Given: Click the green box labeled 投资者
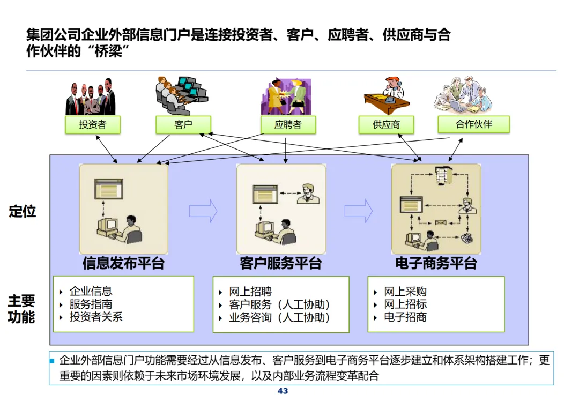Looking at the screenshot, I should point(93,125).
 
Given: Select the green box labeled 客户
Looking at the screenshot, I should point(183,125).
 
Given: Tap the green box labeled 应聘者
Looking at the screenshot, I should point(288,125).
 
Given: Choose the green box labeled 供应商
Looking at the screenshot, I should point(387,125).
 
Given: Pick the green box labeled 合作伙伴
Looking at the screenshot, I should point(473,124).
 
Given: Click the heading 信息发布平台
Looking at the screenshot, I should point(123,263).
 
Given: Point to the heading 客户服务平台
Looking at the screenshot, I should point(281,263).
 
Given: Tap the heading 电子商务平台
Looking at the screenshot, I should point(436,263).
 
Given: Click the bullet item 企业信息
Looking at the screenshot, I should point(91,292).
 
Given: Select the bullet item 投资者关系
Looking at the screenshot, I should point(96,317).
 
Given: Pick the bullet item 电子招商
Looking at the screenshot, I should point(405,317).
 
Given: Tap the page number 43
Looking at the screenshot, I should point(283,391).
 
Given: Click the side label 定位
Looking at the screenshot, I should point(23,211).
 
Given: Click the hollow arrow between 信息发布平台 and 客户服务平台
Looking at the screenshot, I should point(203,211).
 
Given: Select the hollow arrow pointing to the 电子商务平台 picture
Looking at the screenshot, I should point(358,211).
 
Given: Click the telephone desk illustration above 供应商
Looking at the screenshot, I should point(387,96).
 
